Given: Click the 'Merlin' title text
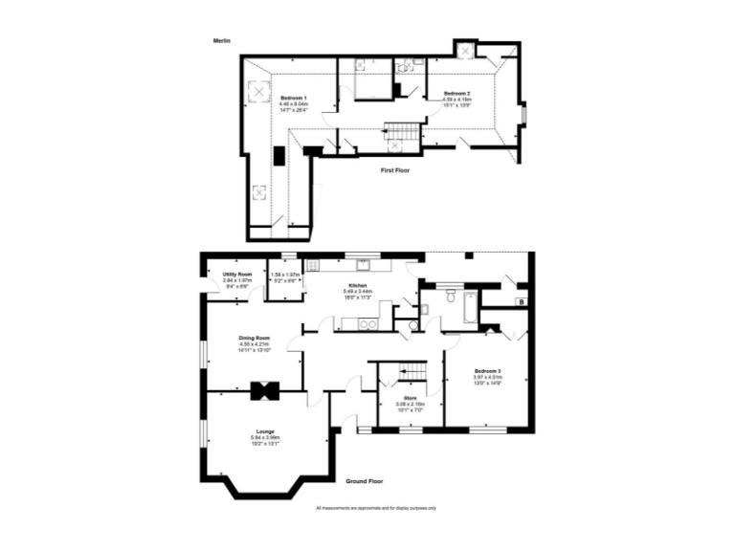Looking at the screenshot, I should click(x=223, y=41).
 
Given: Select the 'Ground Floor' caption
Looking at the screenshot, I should click(x=364, y=481).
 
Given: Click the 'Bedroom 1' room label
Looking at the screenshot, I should click(x=293, y=98).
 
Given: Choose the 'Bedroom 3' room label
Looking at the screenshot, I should click(x=487, y=369).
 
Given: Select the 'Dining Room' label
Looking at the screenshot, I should click(x=255, y=338).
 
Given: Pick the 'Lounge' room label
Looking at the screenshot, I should click(x=265, y=431).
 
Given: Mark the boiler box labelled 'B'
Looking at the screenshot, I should click(x=520, y=302).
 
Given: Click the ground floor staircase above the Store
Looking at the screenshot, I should click(x=411, y=370).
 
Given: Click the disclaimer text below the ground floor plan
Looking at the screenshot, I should click(x=376, y=508).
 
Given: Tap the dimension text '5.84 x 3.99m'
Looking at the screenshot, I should click(x=265, y=438).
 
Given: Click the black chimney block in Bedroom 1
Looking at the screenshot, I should click(x=279, y=156).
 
